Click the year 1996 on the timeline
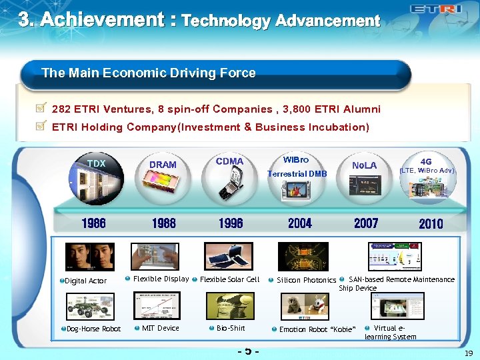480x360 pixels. click(231, 223)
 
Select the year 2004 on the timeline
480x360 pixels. click(300, 223)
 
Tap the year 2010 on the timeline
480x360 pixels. click(431, 224)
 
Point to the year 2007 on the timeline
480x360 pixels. click(366, 223)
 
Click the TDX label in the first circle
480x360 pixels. click(97, 164)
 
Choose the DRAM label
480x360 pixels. click(163, 165)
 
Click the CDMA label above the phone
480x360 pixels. click(230, 161)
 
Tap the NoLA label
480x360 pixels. click(365, 165)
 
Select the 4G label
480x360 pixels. click(426, 161)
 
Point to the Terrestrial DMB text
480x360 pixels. click(297, 174)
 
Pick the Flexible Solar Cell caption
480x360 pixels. click(230, 279)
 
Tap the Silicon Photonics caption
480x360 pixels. click(306, 280)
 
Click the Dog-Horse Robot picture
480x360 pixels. click(90, 306)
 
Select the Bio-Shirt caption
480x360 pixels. click(231, 328)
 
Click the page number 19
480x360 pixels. click(469, 353)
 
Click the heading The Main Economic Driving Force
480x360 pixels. click(149, 73)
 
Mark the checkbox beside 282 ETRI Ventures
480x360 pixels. click(41, 107)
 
